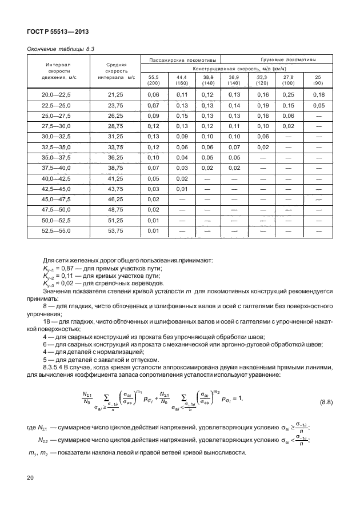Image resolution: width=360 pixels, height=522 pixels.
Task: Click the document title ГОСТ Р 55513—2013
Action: [57, 31]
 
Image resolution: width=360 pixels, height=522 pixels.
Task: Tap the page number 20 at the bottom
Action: [30, 477]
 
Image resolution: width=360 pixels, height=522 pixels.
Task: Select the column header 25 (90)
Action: [318, 79]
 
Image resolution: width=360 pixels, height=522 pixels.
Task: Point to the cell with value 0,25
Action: [290, 94]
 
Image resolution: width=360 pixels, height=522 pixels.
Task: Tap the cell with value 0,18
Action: [318, 94]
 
